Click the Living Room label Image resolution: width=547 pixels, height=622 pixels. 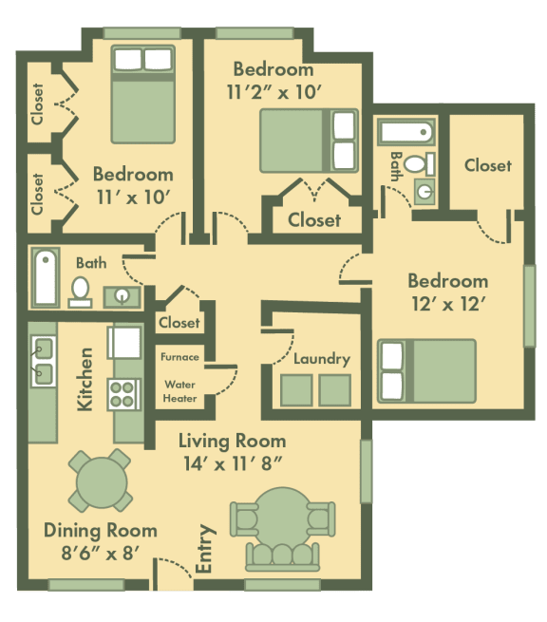pyautogui.click(x=234, y=442)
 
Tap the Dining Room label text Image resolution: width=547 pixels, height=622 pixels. pyautogui.click(x=100, y=531)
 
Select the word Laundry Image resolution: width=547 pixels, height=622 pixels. pyautogui.click(x=322, y=359)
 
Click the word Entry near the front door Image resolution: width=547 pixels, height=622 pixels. pyautogui.click(x=203, y=549)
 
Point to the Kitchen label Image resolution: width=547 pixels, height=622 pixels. pyautogui.click(x=85, y=378)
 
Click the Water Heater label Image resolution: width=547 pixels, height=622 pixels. pyautogui.click(x=180, y=391)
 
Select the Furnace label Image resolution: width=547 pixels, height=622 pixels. pyautogui.click(x=179, y=357)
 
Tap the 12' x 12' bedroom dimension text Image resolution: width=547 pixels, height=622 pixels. pyautogui.click(x=447, y=305)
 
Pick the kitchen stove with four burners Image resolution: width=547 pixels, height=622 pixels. pyautogui.click(x=123, y=394)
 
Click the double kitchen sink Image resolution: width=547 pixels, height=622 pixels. pyautogui.click(x=42, y=361)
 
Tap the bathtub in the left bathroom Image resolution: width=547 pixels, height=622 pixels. pyautogui.click(x=45, y=276)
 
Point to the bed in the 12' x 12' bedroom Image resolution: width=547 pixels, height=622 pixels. pyautogui.click(x=426, y=369)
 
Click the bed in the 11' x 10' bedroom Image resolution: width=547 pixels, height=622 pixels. pyautogui.click(x=142, y=94)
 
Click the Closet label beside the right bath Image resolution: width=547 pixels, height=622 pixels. pyautogui.click(x=487, y=165)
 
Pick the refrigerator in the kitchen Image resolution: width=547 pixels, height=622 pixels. pyautogui.click(x=124, y=341)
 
